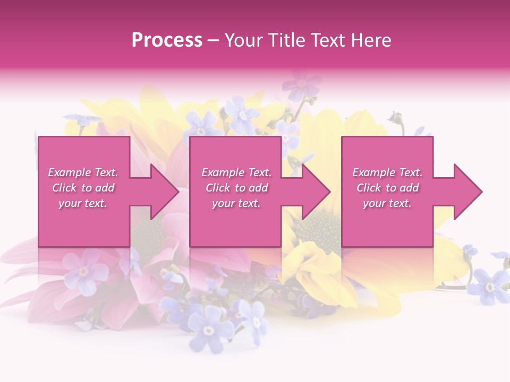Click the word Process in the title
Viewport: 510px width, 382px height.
[167, 40]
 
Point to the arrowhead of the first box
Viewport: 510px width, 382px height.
[165, 192]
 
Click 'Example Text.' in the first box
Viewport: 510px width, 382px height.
[83, 172]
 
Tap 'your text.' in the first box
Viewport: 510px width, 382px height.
[83, 203]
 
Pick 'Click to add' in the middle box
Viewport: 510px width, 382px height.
[236, 188]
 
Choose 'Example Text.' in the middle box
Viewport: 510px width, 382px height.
[236, 172]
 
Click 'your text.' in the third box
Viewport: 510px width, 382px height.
[387, 203]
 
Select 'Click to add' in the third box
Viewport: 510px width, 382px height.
[387, 188]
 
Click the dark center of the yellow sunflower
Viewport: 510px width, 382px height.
[319, 231]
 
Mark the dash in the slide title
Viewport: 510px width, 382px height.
[212, 41]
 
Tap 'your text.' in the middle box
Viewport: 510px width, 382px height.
[236, 203]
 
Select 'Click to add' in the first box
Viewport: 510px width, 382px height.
[83, 188]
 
